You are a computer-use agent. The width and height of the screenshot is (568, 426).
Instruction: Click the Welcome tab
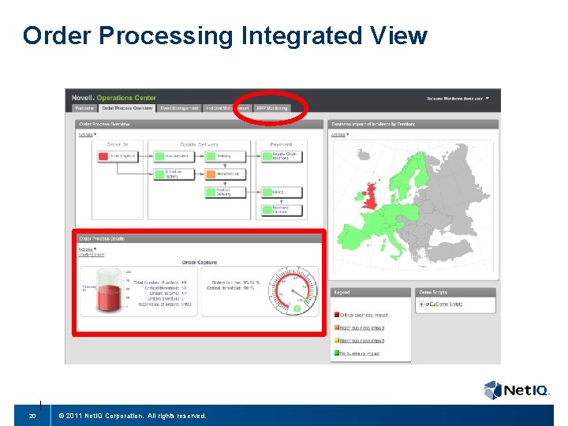(84, 108)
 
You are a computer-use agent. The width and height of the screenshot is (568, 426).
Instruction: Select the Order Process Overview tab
(127, 108)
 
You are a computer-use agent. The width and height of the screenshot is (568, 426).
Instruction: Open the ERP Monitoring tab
(272, 108)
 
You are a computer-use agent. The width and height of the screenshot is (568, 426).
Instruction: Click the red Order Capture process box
(116, 156)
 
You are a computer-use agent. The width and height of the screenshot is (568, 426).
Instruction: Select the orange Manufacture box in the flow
(225, 174)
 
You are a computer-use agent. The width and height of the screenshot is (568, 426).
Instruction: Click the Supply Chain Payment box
(279, 155)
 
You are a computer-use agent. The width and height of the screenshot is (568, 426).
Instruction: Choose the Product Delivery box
(225, 192)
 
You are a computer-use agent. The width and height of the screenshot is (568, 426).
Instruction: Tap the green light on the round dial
(297, 308)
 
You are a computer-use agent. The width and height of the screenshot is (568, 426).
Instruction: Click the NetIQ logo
(517, 390)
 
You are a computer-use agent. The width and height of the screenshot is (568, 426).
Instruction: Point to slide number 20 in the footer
(32, 416)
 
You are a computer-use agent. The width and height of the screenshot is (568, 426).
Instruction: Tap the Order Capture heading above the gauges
(199, 262)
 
